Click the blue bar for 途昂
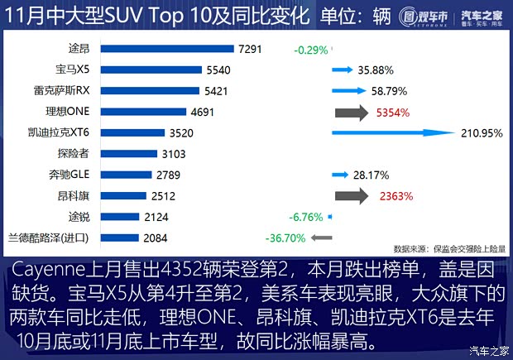(165, 50)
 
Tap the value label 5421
(216, 91)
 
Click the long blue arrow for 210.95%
(392, 132)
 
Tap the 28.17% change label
(371, 175)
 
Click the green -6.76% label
(306, 217)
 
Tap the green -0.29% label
(311, 50)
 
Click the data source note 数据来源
(447, 248)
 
